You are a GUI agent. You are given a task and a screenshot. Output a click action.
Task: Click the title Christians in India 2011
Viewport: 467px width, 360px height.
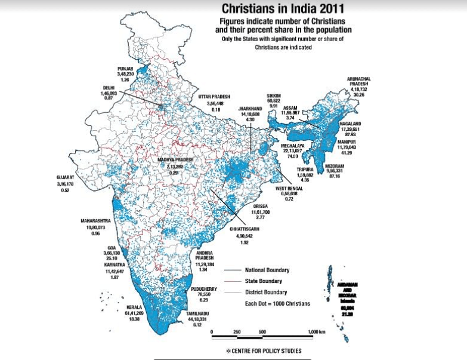tap(282, 9)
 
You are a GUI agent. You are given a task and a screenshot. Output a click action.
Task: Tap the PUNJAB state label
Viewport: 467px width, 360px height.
tap(125, 69)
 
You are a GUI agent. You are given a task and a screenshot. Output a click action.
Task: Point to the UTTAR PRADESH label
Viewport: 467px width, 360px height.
tap(214, 96)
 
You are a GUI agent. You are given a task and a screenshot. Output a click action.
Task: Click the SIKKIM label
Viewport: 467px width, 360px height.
tap(274, 96)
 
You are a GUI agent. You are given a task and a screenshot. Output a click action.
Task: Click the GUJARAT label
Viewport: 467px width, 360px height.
tap(65, 177)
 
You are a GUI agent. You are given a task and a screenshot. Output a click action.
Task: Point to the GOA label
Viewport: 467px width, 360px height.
tap(112, 248)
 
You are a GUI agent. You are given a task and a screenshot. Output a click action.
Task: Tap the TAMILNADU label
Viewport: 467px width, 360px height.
tap(196, 313)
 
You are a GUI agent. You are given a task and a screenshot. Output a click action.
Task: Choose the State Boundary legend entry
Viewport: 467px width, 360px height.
tap(263, 281)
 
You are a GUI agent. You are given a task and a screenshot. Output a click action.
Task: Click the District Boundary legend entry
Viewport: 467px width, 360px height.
tap(266, 292)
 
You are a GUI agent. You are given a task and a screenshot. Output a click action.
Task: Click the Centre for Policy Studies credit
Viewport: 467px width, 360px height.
tap(263, 351)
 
